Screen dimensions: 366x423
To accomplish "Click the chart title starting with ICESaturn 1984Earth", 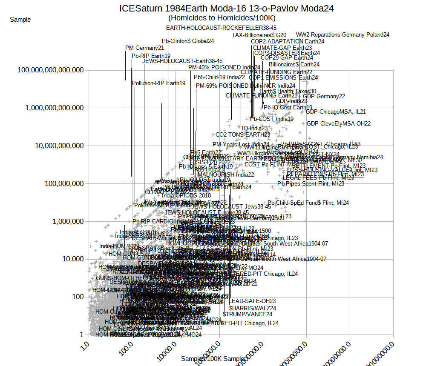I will click(226, 8).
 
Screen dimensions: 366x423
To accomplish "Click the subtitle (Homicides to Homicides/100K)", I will click(222, 18).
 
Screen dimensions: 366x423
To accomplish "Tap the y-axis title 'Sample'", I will click(20, 19).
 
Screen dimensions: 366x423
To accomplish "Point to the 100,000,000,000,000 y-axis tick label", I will click(50, 70).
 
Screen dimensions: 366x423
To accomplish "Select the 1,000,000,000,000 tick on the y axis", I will click(54, 108).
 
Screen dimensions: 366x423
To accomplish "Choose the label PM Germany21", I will click(144, 48).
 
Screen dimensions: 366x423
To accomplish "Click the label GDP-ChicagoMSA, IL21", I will click(336, 112).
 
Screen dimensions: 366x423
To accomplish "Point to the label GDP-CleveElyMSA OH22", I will click(339, 123).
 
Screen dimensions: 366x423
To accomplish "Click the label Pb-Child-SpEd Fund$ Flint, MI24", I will click(308, 203).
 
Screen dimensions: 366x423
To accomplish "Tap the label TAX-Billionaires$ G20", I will click(259, 35).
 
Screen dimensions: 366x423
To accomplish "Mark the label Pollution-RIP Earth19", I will click(158, 83).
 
